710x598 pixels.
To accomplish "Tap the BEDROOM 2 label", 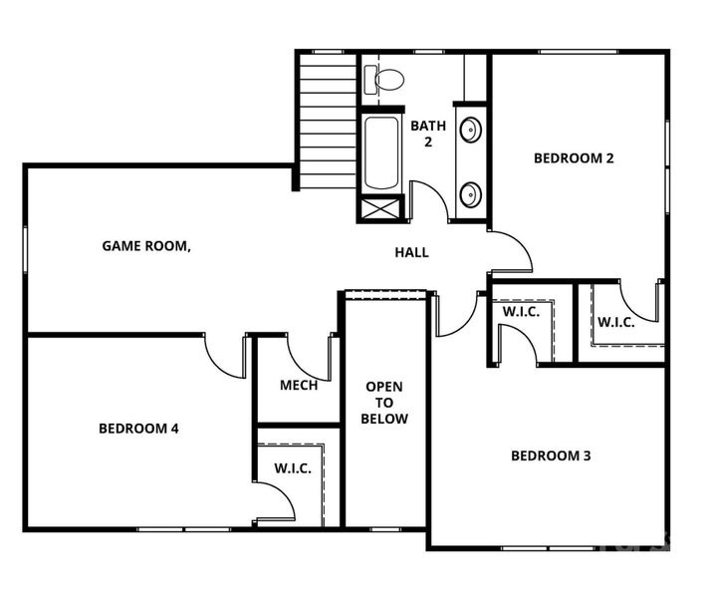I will [x=574, y=157].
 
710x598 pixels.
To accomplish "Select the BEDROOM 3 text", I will [x=551, y=455].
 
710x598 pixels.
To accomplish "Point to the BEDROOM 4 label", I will [x=138, y=429].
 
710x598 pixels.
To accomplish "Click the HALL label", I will [x=411, y=252].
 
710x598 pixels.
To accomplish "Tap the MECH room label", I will [x=299, y=385].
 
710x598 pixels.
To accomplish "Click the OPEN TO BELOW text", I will [x=385, y=402].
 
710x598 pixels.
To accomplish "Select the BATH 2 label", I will [x=428, y=134].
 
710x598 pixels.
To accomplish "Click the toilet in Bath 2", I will [x=383, y=78].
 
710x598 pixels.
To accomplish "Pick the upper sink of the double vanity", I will [x=470, y=129].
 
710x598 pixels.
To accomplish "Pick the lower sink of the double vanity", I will [x=470, y=192].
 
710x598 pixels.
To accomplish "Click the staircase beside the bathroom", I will [x=328, y=120].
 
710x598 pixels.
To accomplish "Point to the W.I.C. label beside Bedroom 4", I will [x=292, y=468].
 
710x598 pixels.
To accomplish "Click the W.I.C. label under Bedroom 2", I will [x=616, y=322].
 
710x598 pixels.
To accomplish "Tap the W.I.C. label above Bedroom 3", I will [x=521, y=311].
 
